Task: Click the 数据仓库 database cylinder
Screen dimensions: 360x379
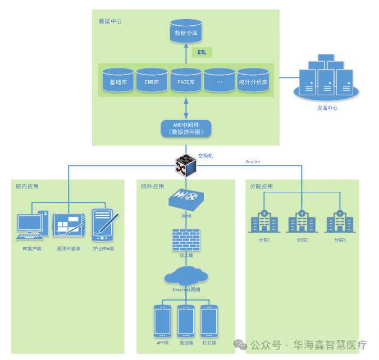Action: (185, 33)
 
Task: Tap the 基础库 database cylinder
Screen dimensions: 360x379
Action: (118, 81)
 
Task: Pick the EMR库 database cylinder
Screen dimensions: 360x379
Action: (152, 81)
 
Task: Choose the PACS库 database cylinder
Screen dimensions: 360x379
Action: (185, 81)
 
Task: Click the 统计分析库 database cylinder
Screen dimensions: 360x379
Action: (253, 81)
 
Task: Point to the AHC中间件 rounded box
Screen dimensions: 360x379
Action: (186, 128)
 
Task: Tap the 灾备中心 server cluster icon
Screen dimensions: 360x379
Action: (326, 79)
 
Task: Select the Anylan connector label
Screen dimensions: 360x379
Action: (253, 161)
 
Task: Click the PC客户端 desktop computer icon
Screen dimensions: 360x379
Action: (30, 225)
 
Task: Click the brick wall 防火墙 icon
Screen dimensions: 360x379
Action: (186, 239)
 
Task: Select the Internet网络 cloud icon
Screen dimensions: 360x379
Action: (186, 275)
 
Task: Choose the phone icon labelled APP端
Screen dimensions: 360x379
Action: (162, 321)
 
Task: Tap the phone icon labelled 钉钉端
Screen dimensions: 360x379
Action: (209, 321)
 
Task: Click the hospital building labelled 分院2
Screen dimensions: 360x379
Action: (302, 221)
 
